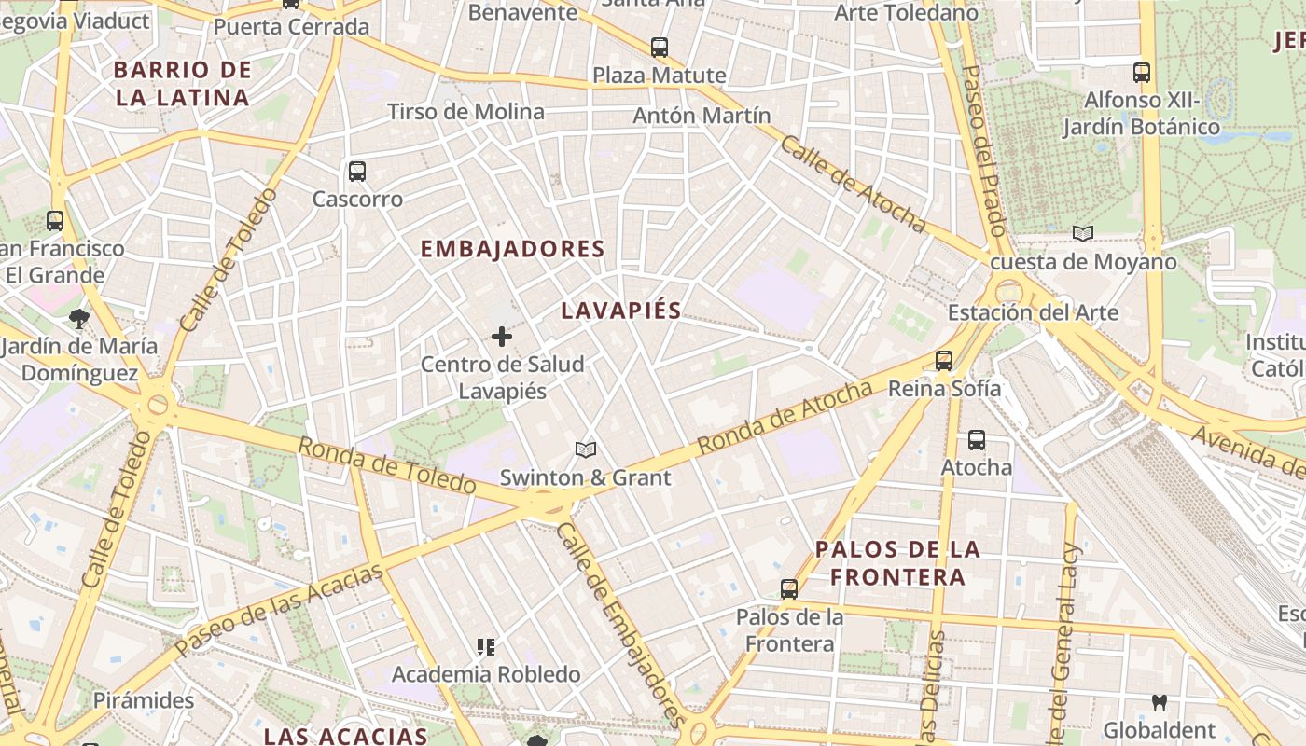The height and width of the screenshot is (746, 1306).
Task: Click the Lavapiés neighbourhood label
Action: (x=621, y=311)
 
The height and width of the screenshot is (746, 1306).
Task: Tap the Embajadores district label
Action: (x=513, y=249)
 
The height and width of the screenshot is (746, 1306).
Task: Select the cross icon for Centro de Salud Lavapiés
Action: (x=502, y=337)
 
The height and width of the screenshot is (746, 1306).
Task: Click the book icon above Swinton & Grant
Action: (x=586, y=450)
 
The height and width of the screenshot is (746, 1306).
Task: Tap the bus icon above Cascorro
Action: (x=357, y=172)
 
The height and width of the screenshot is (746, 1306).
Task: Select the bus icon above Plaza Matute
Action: (x=660, y=48)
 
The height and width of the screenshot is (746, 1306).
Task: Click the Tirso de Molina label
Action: (x=465, y=112)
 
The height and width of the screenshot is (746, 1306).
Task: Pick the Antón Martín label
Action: (x=702, y=116)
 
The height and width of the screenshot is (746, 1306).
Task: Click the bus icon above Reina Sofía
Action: (x=944, y=361)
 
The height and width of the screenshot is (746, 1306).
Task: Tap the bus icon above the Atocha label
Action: (x=977, y=440)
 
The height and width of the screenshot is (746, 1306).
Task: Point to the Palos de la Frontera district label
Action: (x=897, y=562)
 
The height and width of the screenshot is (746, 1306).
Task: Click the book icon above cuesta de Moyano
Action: (x=1083, y=233)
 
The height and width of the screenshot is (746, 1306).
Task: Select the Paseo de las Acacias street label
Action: (x=279, y=608)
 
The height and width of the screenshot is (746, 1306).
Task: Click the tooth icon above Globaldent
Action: (x=1160, y=702)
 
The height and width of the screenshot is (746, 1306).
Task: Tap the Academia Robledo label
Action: (x=486, y=673)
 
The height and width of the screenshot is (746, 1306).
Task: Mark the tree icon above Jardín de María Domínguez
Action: (x=79, y=319)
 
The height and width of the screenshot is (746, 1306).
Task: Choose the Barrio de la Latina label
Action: (x=183, y=83)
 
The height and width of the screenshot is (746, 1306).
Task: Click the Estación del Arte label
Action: (x=1033, y=311)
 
